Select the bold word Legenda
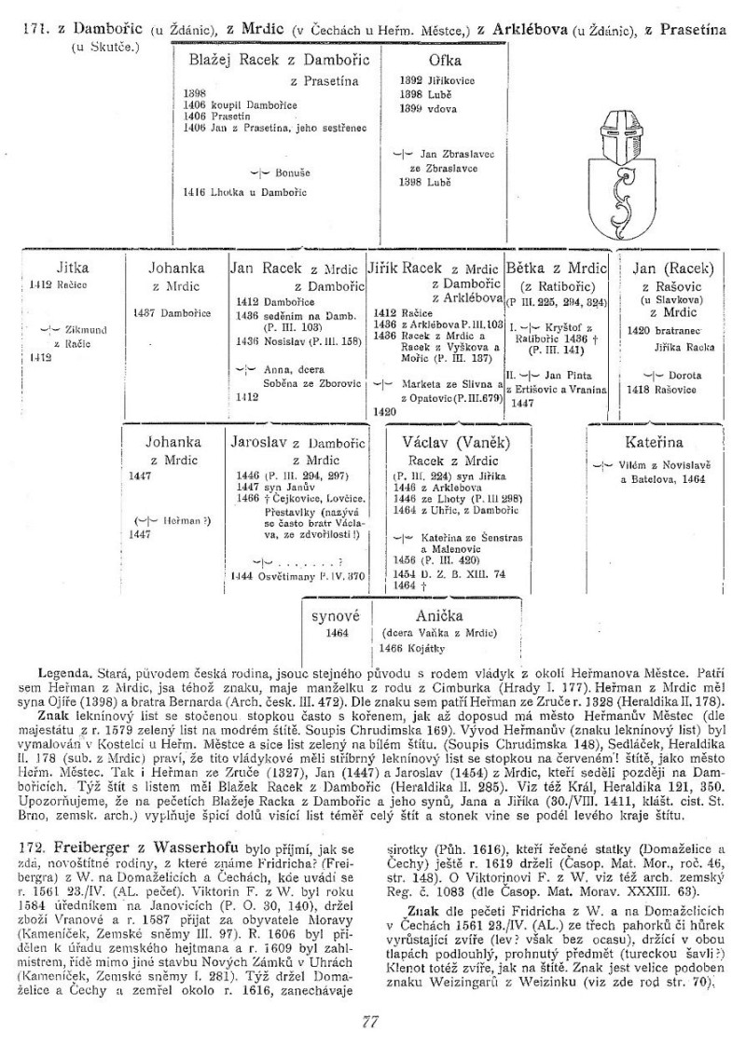(x=64, y=672)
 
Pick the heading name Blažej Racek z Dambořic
(x=279, y=62)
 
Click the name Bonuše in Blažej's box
(x=293, y=172)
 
